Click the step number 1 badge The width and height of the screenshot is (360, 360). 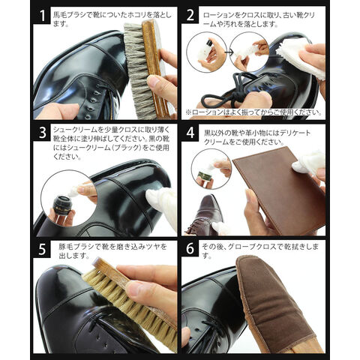point(42,16)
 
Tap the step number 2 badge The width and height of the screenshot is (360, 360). point(190,16)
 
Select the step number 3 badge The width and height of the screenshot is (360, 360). point(42,133)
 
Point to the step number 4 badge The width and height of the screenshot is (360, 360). point(190,133)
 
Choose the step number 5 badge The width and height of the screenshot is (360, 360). point(42,249)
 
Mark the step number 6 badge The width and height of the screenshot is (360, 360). point(190,249)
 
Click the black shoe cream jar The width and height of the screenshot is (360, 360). point(62,205)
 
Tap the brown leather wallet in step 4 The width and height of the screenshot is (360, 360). point(280,190)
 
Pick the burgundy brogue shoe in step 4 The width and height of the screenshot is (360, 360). point(204,215)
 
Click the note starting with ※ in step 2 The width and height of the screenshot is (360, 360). point(253,112)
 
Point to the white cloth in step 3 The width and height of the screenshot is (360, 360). point(163,205)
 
